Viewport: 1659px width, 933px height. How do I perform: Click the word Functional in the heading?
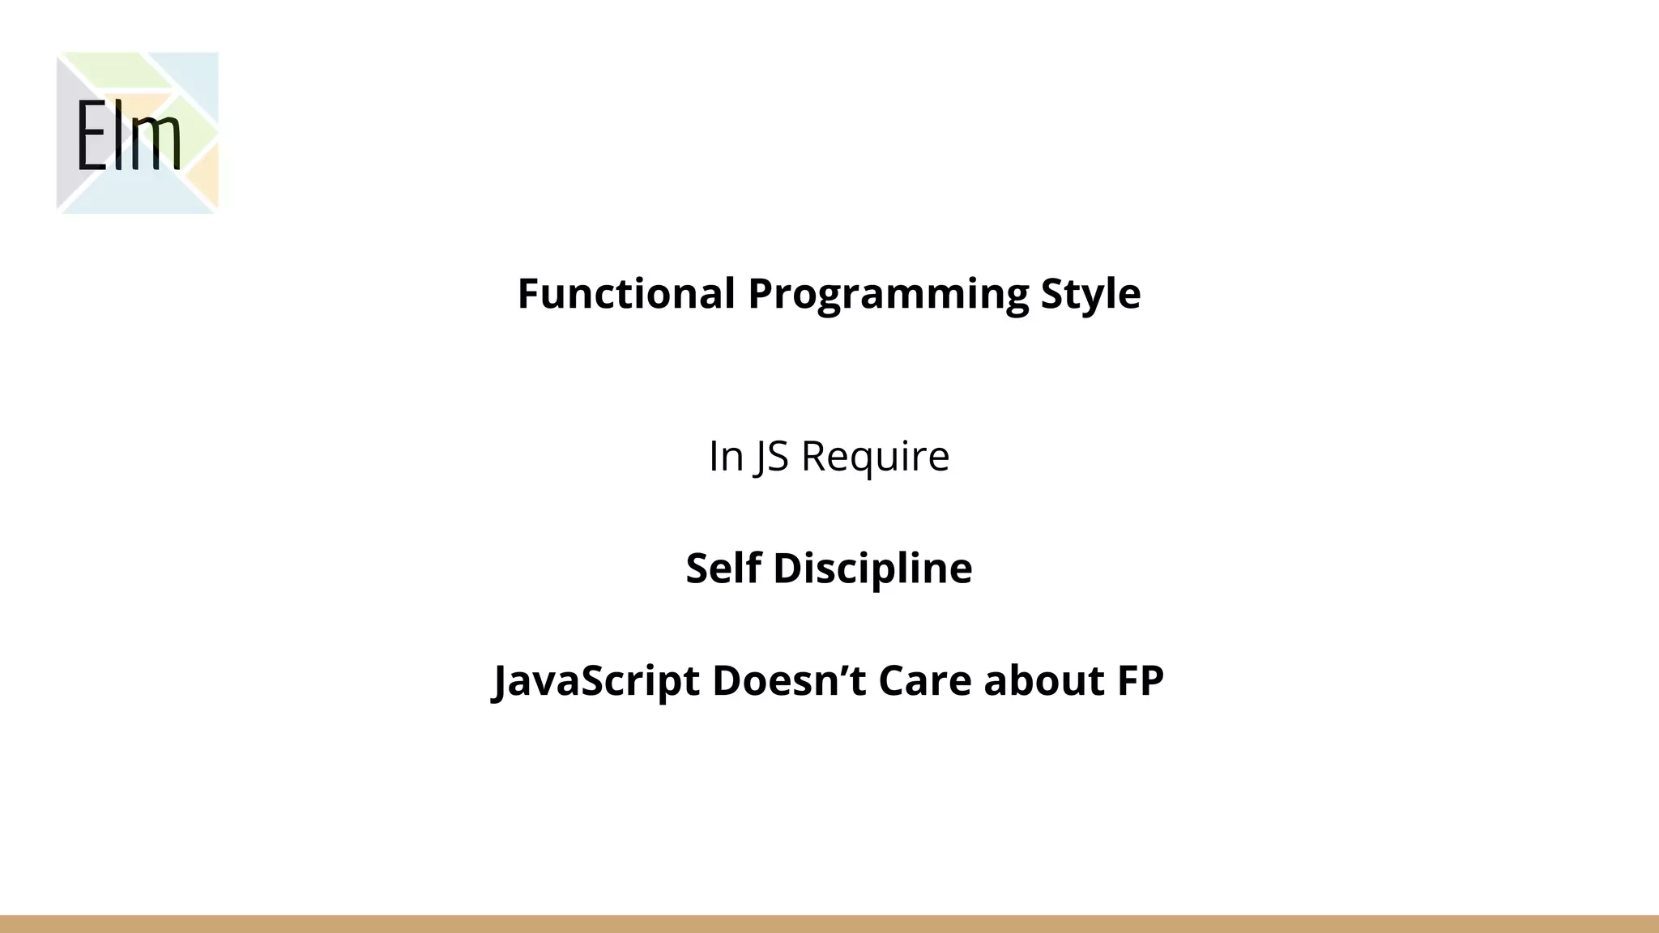[626, 293]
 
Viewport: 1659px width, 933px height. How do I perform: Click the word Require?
[875, 456]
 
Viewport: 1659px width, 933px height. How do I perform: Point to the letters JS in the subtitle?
[771, 457]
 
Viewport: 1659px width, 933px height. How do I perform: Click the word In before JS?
[726, 456]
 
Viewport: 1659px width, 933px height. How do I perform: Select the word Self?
[723, 568]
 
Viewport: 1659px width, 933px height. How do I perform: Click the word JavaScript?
[596, 681]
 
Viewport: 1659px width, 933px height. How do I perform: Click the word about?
[1044, 680]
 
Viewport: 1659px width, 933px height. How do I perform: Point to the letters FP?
[1141, 680]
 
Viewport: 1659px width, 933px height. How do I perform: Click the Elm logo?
[137, 133]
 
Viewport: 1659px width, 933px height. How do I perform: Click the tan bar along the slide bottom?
[829, 924]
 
